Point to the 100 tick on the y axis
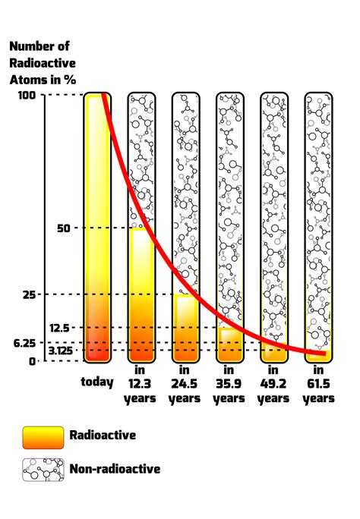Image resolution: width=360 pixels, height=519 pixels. pyautogui.click(x=25, y=95)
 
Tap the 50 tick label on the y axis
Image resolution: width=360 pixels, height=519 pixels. pyautogui.click(x=29, y=228)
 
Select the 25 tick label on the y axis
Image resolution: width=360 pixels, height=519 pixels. pyautogui.click(x=29, y=294)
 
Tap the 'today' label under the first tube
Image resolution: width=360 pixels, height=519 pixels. pyautogui.click(x=97, y=382)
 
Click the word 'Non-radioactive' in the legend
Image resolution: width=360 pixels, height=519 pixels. pyautogui.click(x=115, y=470)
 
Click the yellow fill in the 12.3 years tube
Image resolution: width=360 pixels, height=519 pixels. pyautogui.click(x=141, y=296)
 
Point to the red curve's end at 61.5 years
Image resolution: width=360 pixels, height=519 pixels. pyautogui.click(x=324, y=354)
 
